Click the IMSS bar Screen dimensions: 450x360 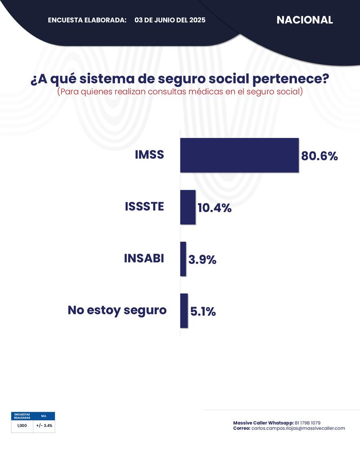[x=239, y=155]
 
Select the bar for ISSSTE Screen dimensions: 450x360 [x=188, y=207]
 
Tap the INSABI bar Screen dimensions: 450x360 [x=183, y=259]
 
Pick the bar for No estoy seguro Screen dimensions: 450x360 [x=184, y=311]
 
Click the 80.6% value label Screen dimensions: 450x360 [x=319, y=156]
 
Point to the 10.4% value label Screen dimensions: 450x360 [x=215, y=208]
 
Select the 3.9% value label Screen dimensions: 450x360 [x=202, y=260]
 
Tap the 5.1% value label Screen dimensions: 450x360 [x=203, y=311]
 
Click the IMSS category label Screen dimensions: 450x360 [x=149, y=155]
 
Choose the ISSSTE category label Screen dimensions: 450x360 [x=144, y=207]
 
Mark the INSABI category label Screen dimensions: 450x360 [x=144, y=259]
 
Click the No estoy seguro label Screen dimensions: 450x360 [x=117, y=310]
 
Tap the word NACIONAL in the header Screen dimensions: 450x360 [x=305, y=20]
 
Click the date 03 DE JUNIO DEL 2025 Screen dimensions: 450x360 [x=170, y=20]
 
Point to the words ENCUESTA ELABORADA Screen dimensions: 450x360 [x=87, y=20]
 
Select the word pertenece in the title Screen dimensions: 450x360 [x=286, y=79]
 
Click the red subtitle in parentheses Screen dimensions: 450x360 [x=180, y=91]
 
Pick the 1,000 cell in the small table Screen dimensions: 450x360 [x=22, y=425]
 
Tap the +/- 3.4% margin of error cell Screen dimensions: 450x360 [x=44, y=425]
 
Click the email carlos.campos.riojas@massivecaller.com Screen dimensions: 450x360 [x=298, y=428]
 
